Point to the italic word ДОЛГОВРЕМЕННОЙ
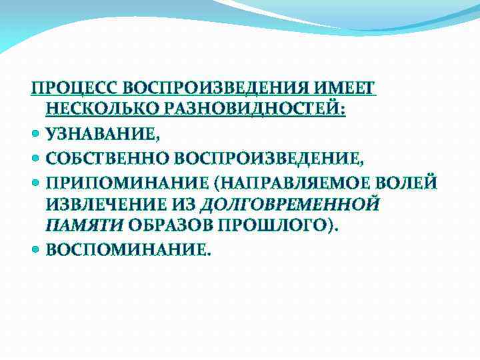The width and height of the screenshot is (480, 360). pyautogui.click(x=290, y=204)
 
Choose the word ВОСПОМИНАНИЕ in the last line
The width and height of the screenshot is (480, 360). pyautogui.click(x=127, y=250)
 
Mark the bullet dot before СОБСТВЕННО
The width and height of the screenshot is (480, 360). pyautogui.click(x=36, y=158)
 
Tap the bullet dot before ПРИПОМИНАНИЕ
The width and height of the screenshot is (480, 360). pyautogui.click(x=36, y=181)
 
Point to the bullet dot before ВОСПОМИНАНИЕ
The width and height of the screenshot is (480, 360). pyautogui.click(x=36, y=250)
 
